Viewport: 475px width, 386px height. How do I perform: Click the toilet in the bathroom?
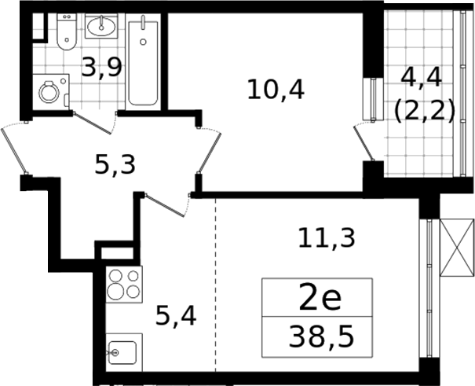67,31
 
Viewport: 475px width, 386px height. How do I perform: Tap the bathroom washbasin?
101,26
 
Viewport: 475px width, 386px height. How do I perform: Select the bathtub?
143,61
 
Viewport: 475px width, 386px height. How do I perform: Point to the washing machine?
51,92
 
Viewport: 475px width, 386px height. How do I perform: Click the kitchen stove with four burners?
124,284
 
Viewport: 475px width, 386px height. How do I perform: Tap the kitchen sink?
124,352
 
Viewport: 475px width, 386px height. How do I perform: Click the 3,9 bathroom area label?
102,68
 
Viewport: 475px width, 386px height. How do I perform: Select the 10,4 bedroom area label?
276,89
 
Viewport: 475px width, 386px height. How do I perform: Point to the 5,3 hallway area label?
115,165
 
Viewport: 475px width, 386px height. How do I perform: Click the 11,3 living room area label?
327,238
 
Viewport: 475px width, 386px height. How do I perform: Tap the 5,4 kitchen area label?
176,316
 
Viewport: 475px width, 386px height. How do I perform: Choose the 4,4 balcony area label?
422,78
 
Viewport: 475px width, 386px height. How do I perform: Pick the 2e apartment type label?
320,299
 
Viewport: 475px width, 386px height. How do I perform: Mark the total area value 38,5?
321,336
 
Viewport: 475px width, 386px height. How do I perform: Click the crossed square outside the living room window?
457,248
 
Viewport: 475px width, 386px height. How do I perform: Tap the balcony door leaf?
364,142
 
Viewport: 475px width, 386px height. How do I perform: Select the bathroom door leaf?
93,123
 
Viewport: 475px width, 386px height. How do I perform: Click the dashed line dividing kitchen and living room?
216,285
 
